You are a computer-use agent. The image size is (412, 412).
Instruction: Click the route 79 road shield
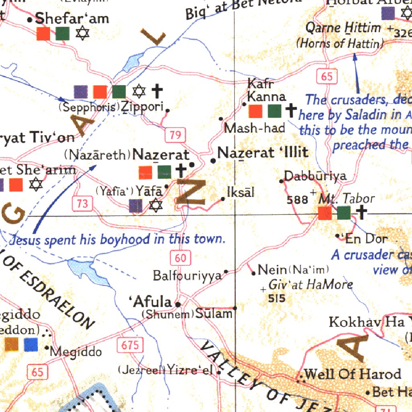point(175,135)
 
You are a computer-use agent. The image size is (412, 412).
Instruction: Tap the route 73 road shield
point(82,204)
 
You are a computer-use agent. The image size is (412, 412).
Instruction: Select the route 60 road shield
point(180,257)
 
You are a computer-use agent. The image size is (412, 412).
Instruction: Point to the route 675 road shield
point(130,345)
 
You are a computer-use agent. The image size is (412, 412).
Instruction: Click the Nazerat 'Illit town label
point(263,153)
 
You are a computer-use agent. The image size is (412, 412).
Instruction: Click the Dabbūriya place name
point(315,176)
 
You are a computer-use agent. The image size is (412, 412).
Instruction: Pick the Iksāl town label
point(241,192)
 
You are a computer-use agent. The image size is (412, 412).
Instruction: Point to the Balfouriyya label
point(187,276)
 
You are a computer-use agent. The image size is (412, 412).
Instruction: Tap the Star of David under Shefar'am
point(82,34)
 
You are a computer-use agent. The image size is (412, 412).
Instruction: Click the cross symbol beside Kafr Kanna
point(291,110)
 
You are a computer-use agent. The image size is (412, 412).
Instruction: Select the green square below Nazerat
point(164,172)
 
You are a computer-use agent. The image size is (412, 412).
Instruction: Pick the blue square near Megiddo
point(31,344)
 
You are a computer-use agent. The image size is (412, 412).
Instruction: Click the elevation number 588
point(297,200)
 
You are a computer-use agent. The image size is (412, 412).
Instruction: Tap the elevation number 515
point(277,298)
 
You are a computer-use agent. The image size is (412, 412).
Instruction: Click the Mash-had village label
point(255,128)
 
